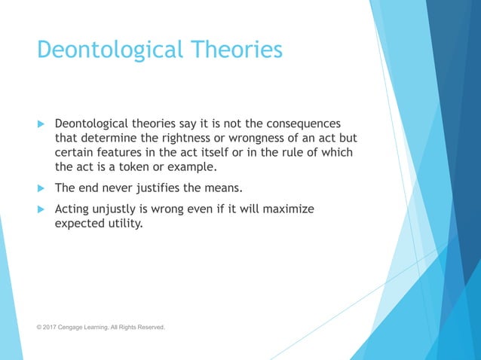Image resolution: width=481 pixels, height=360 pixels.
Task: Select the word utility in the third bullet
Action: (x=124, y=224)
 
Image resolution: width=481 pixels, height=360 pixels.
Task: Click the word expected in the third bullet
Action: (x=81, y=224)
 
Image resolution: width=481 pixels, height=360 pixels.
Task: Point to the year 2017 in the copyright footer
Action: (x=52, y=328)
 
